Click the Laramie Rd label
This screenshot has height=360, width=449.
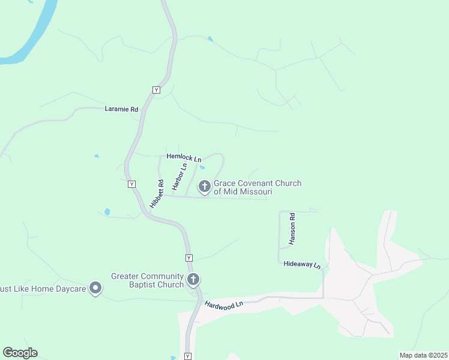(121, 110)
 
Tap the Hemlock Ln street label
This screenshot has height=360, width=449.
(184, 157)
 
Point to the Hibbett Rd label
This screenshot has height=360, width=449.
(157, 194)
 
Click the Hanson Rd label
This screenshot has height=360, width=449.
(292, 229)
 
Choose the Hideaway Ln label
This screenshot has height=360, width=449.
(302, 265)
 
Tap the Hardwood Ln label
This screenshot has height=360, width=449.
(223, 304)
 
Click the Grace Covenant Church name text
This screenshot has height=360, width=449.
(258, 187)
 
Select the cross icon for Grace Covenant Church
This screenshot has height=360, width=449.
(204, 187)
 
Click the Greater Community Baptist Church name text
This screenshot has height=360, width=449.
(147, 280)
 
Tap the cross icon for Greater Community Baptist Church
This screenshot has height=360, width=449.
(193, 280)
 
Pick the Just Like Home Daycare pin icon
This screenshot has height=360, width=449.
(95, 289)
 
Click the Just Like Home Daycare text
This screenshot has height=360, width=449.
(41, 289)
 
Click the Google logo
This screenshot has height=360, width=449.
(20, 353)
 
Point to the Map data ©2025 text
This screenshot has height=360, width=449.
(423, 355)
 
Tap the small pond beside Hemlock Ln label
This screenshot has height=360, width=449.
(202, 167)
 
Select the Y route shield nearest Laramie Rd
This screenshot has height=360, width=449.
(156, 90)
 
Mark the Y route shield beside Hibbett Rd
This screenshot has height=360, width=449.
(132, 184)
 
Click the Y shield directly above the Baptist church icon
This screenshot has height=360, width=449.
(188, 258)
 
